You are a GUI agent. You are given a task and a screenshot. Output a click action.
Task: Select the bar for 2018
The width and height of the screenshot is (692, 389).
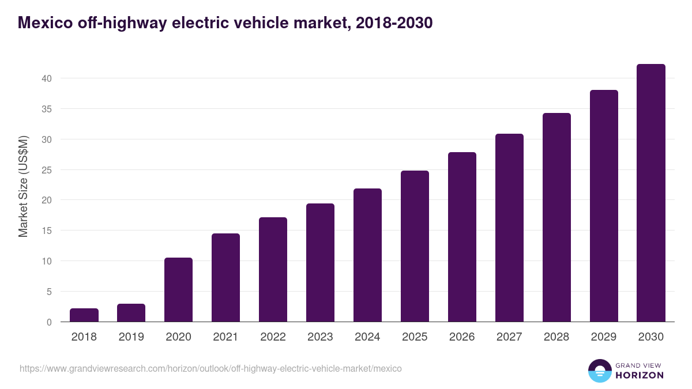pos(84,315)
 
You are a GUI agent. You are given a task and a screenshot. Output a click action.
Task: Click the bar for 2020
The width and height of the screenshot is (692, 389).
pos(178,290)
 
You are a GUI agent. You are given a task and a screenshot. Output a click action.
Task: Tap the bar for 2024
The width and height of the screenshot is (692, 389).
pos(367,255)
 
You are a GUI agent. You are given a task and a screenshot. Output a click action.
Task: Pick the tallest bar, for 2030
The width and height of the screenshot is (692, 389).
pos(651,193)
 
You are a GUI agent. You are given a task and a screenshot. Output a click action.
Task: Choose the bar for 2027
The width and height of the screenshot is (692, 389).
pos(509,228)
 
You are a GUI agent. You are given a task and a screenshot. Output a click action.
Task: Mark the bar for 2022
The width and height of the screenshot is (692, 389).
pos(273,270)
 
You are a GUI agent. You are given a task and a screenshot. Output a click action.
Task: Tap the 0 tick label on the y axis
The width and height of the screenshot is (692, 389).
pos(49,322)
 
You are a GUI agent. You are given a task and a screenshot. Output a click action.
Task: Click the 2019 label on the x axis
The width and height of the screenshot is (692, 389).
pos(131,337)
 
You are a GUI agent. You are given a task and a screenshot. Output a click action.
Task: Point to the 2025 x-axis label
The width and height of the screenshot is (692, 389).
pos(415,337)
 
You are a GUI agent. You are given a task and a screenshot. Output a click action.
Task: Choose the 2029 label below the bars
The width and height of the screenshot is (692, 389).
pos(604,337)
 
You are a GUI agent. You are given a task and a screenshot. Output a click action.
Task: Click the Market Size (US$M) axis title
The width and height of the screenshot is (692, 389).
pos(23,186)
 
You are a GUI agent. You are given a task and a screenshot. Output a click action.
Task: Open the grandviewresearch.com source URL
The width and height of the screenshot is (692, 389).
pos(210,368)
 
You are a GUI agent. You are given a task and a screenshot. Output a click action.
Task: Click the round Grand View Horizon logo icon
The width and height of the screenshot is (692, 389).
pos(599,371)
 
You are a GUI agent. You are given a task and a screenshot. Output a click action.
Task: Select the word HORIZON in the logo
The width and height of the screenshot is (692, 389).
pos(640,375)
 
